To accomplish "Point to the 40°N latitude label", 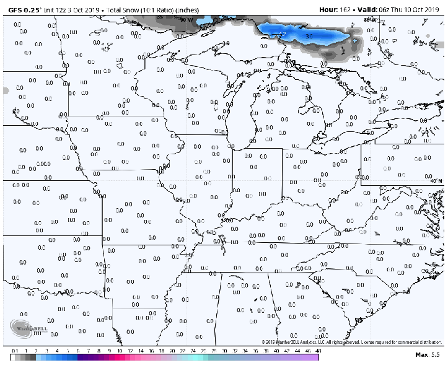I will pyautogui.click(x=436, y=181).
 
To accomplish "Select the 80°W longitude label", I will pyautogui.click(x=370, y=19).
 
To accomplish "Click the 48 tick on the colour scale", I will pyautogui.click(x=318, y=351).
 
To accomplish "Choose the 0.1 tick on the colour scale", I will pyautogui.click(x=14, y=351).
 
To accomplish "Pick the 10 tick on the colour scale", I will pyautogui.click(x=119, y=351).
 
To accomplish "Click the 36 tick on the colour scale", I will pyautogui.click(x=255, y=351).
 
